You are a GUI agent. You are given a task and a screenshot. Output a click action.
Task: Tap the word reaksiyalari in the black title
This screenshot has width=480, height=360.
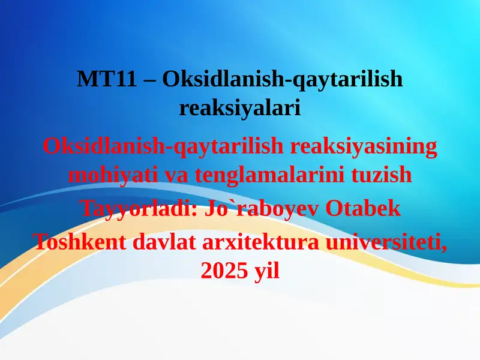[239, 108]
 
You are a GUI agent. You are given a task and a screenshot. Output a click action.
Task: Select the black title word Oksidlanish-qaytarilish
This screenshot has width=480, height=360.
[281, 80]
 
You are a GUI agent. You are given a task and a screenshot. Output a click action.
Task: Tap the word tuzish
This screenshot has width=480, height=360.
[383, 175]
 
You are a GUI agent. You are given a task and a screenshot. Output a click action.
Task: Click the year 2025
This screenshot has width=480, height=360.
[223, 271]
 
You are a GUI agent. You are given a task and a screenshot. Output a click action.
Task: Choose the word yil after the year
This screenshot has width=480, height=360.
[265, 271]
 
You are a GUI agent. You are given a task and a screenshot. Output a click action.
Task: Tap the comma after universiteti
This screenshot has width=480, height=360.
[445, 247]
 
